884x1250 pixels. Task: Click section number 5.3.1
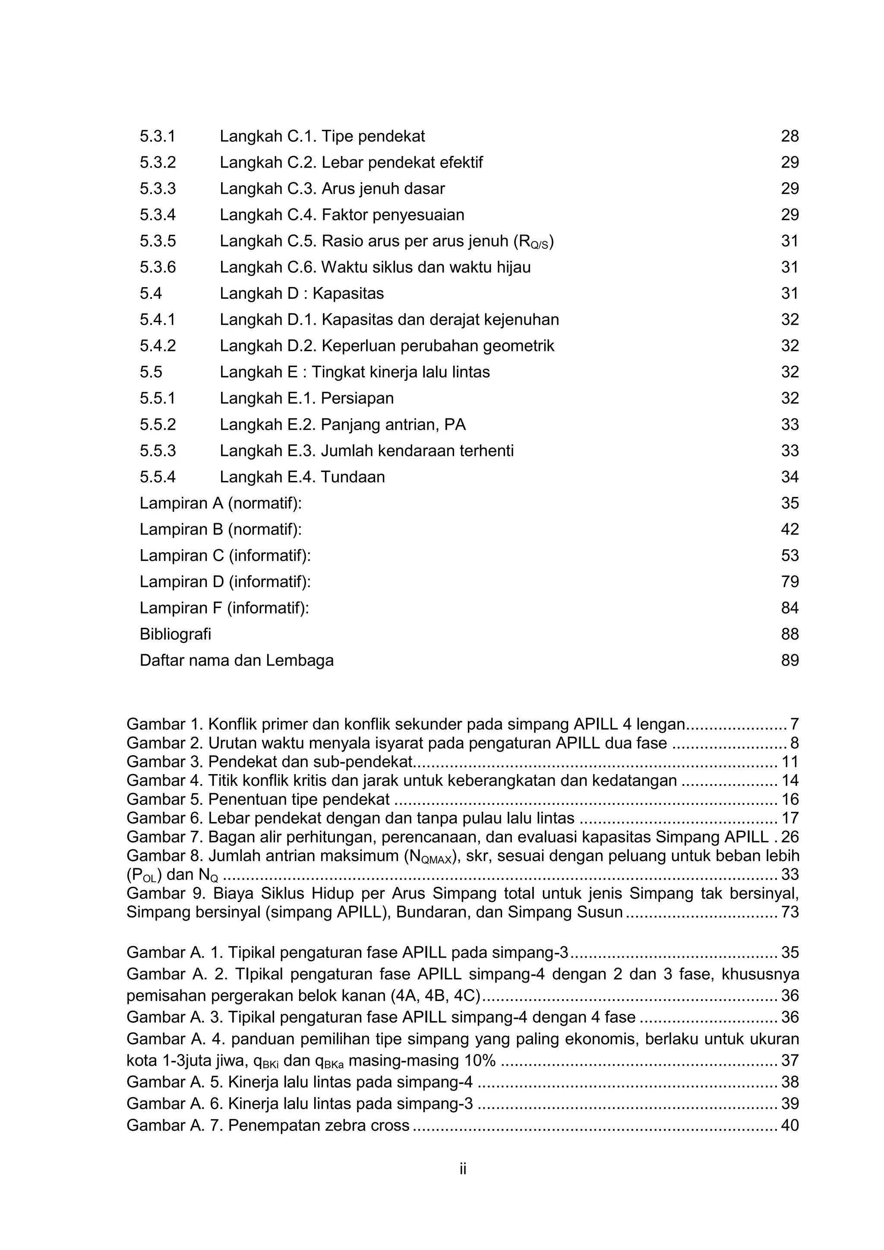157,136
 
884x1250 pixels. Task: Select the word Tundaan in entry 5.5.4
353,477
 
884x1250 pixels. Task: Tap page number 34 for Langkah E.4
789,477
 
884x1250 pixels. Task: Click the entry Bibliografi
175,634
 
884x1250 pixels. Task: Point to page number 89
789,660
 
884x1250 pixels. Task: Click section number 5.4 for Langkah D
151,294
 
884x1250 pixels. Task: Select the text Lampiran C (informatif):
225,555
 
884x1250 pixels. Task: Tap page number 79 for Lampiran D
789,582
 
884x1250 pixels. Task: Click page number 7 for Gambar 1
794,724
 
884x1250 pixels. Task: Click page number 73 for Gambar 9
789,912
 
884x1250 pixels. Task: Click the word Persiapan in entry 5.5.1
357,399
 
